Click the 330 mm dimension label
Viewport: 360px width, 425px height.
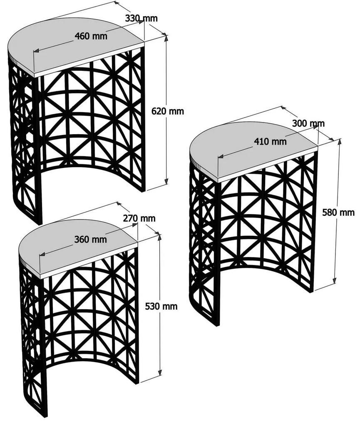[x=141, y=18]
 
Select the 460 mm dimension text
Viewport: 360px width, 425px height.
[x=91, y=36]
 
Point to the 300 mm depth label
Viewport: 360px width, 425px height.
[x=308, y=123]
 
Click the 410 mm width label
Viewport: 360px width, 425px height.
[x=270, y=141]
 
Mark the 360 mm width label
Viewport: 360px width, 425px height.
[x=90, y=240]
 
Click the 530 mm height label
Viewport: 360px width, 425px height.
[x=161, y=306]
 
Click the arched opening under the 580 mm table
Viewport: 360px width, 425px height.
[x=266, y=292]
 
